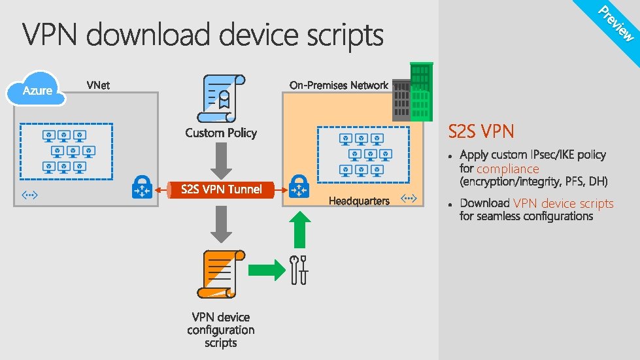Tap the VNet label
[97, 85]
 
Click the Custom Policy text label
[221, 133]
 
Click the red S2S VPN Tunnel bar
[221, 189]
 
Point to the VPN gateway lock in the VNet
[141, 186]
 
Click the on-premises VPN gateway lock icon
[299, 186]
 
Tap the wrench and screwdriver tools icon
[299, 269]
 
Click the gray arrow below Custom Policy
[222, 159]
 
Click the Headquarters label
[359, 201]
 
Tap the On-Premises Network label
[339, 85]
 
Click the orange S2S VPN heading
[481, 131]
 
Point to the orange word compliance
[507, 169]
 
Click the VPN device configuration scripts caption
[221, 330]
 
